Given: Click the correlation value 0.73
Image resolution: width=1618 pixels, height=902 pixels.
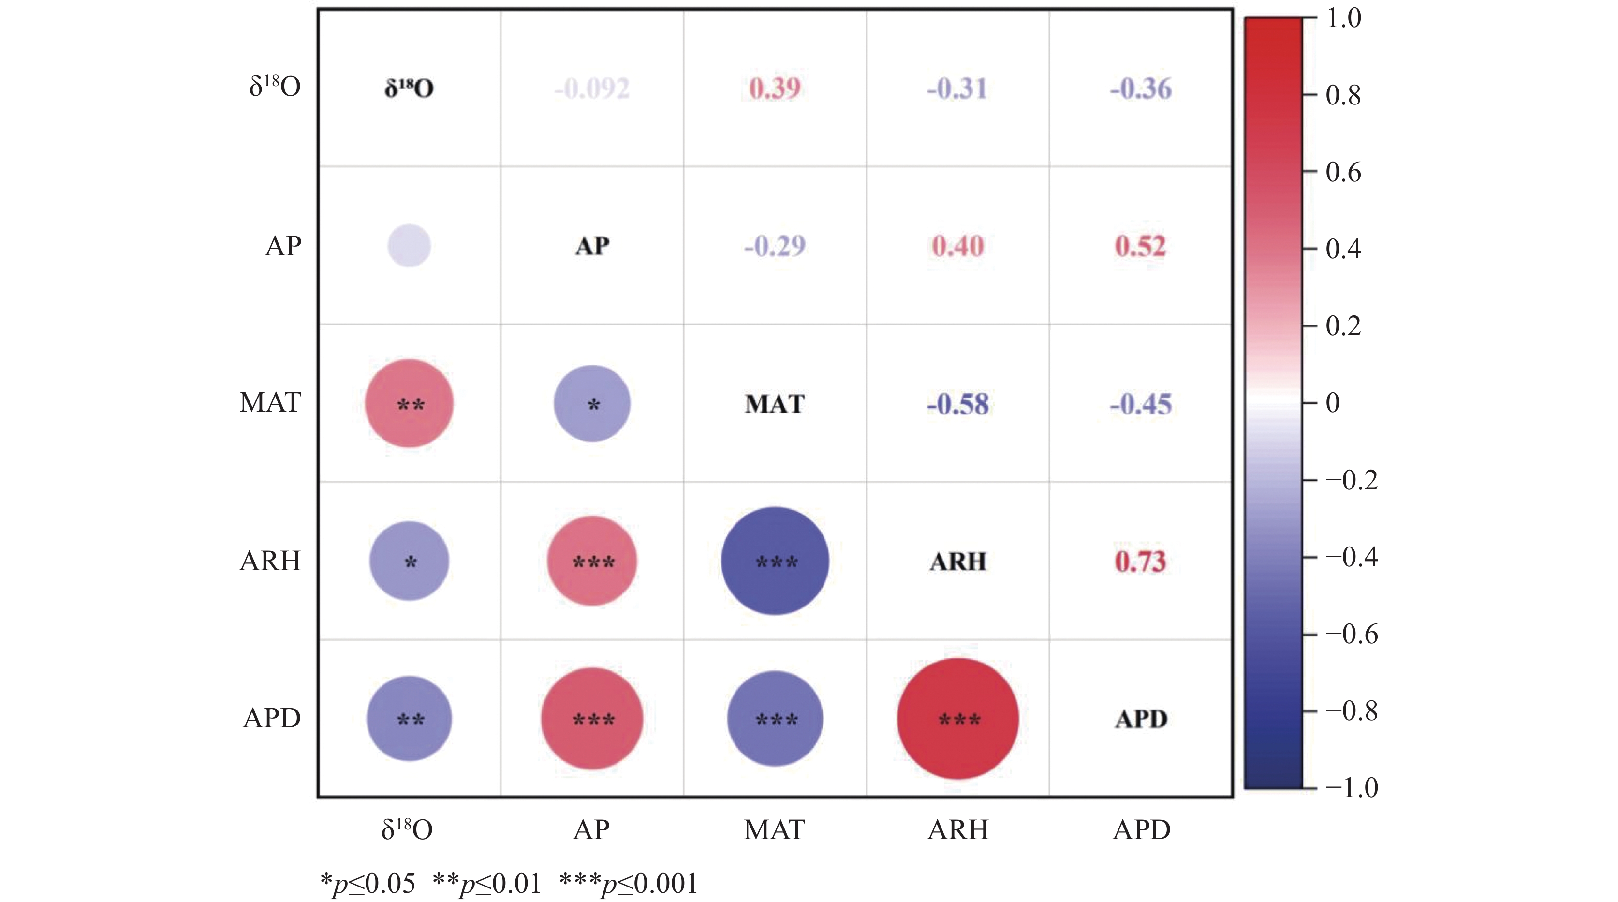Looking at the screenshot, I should (x=1140, y=561).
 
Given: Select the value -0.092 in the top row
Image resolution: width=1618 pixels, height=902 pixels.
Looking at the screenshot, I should (x=592, y=89).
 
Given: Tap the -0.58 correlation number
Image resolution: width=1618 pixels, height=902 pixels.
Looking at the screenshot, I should (x=958, y=404).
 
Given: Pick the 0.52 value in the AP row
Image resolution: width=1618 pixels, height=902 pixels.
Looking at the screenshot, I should (x=1140, y=246).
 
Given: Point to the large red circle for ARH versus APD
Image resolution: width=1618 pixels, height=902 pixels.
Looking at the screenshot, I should (x=958, y=719).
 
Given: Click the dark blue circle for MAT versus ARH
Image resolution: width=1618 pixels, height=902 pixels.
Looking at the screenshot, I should (x=775, y=561).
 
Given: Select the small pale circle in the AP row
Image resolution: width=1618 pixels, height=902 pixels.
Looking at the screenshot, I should (x=410, y=246).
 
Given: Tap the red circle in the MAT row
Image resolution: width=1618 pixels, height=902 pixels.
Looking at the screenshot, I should (x=410, y=403).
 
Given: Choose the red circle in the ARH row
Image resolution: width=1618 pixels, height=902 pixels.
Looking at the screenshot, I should (x=592, y=561).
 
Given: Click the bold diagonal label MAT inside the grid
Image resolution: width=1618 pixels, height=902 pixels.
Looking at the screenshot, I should (x=775, y=404).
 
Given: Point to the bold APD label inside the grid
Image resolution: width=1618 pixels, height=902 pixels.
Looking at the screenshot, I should (x=1141, y=719).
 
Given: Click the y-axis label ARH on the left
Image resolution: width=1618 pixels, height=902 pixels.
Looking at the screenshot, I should (x=270, y=561).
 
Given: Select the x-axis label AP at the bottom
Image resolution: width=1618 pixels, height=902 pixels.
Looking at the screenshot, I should (x=592, y=830).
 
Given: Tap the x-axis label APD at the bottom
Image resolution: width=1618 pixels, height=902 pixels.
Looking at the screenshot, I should (x=1141, y=830).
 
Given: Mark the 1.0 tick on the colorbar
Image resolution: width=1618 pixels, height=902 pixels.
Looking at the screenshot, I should (x=1343, y=18).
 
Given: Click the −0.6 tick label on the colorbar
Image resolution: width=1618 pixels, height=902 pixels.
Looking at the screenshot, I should (x=1351, y=635).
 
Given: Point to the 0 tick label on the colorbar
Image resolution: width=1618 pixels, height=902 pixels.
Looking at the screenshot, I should (x=1333, y=402).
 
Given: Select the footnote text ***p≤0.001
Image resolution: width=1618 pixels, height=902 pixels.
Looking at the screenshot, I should (x=629, y=884).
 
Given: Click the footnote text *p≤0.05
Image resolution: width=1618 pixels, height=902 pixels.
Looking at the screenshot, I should (x=368, y=884).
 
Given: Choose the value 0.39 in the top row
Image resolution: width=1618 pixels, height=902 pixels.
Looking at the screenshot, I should (x=775, y=89).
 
